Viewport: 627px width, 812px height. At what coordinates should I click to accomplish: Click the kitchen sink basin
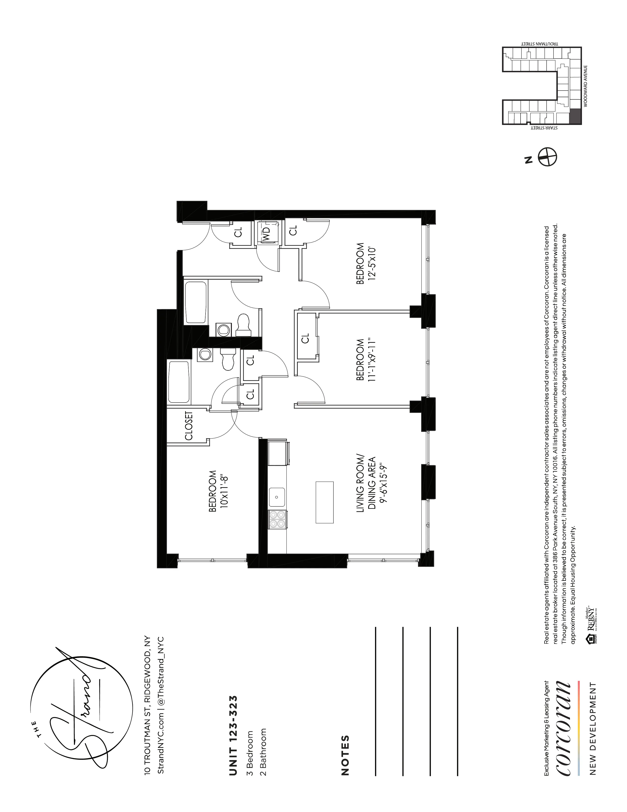(x=277, y=497)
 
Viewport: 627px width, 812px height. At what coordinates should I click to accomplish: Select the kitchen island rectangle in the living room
(x=324, y=503)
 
